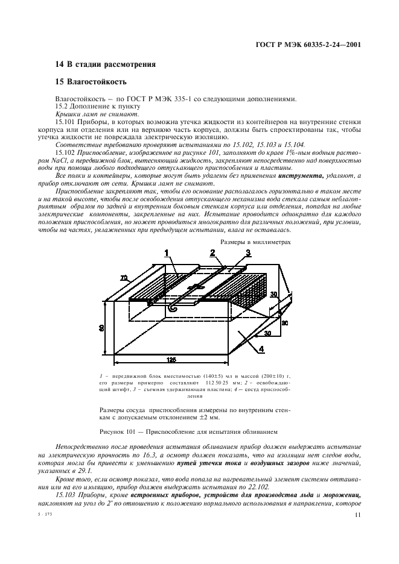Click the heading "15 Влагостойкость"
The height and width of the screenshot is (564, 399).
pyautogui.click(x=91, y=81)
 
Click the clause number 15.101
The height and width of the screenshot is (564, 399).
pyautogui.click(x=64, y=121)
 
